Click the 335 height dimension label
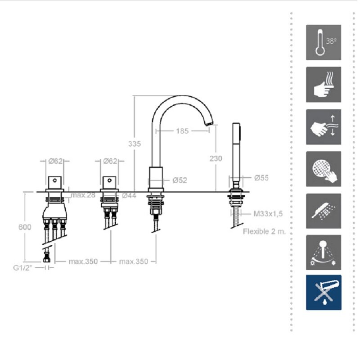tap(135, 144)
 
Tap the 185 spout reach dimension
tap(182, 131)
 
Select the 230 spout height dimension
tap(216, 158)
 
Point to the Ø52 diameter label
tap(180, 180)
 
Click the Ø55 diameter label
tap(261, 178)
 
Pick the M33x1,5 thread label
tap(268, 214)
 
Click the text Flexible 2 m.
tap(265, 231)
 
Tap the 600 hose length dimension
tap(25, 227)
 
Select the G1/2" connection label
tap(23, 268)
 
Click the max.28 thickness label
tap(83, 195)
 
